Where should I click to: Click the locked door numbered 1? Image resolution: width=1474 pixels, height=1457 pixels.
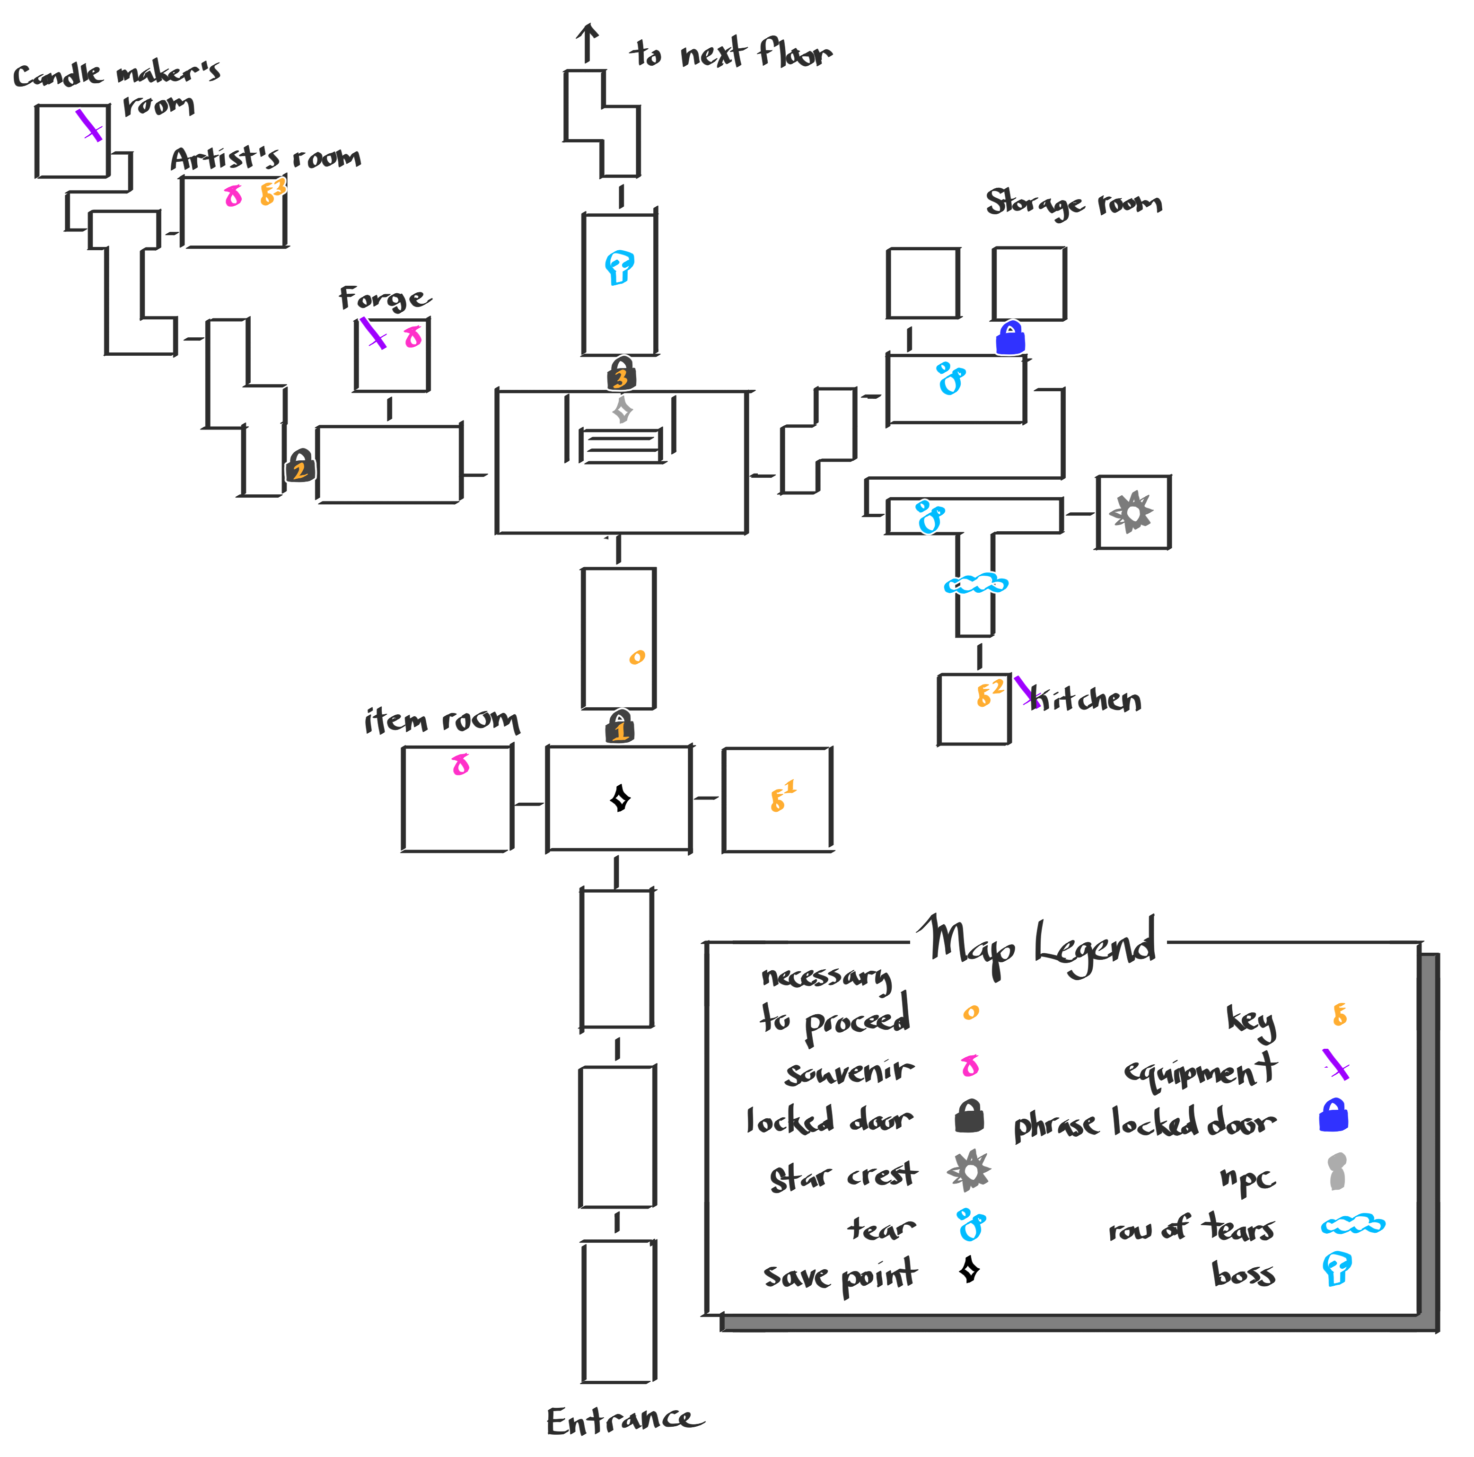(620, 727)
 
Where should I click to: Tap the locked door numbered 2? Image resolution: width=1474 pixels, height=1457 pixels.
(300, 466)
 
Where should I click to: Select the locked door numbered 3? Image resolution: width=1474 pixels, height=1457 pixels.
(621, 374)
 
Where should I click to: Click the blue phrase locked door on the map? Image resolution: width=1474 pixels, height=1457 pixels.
(1010, 338)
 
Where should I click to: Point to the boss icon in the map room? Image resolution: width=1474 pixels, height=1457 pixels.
(619, 267)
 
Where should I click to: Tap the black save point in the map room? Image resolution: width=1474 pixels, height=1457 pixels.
(620, 799)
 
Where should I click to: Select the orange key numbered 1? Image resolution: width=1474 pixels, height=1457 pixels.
(781, 796)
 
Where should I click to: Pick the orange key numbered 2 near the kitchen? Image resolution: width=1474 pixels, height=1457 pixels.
(988, 693)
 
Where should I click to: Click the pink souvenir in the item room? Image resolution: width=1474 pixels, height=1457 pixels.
(461, 764)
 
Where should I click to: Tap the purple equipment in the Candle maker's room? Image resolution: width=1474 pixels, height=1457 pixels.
(89, 125)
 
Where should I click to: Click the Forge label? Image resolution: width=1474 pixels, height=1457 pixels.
(384, 298)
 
